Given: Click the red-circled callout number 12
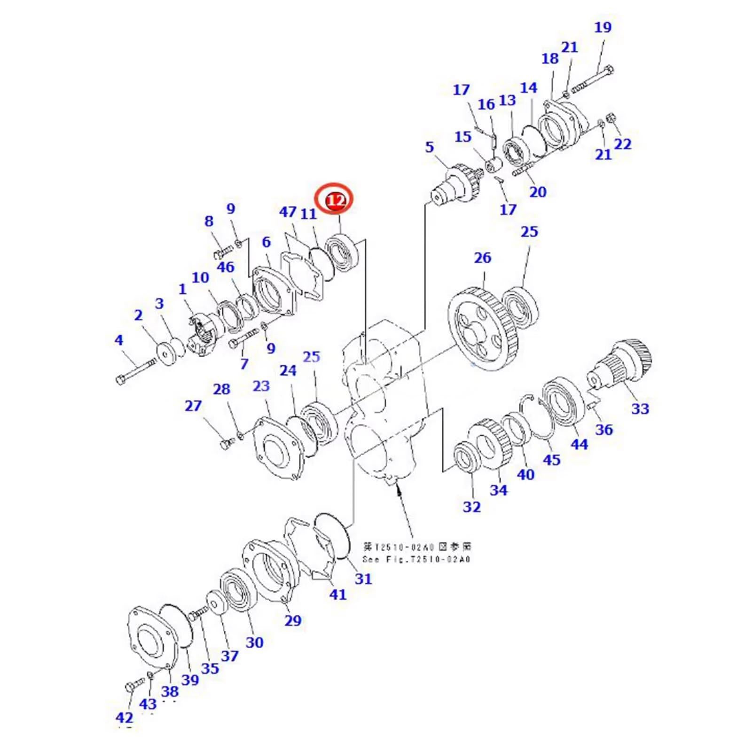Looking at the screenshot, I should click(x=337, y=201).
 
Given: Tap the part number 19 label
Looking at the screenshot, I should click(x=603, y=27).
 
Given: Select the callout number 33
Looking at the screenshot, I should click(x=640, y=408).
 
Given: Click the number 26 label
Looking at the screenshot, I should click(x=482, y=258).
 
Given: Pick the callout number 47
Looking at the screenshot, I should click(x=288, y=212).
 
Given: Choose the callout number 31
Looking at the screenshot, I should click(x=363, y=579).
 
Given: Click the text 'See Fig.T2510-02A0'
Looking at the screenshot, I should click(x=416, y=559).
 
